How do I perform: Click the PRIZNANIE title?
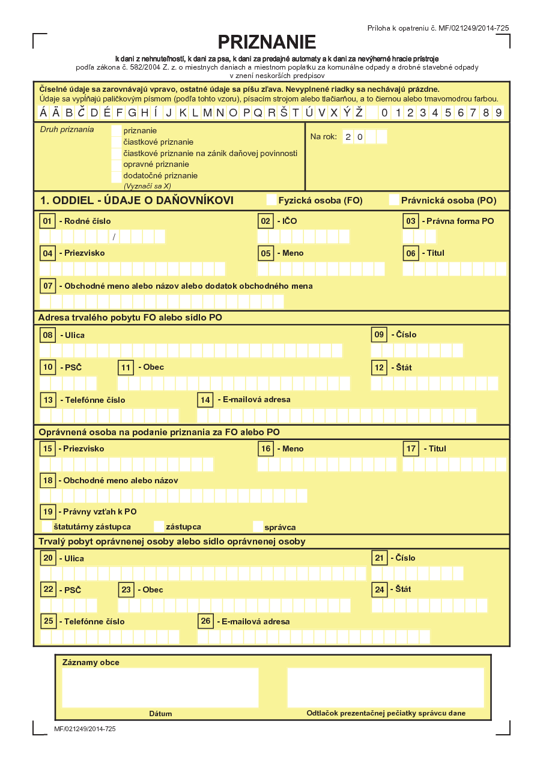click(267, 42)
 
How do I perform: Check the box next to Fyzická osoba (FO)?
click(271, 200)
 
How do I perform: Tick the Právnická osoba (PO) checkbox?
click(394, 200)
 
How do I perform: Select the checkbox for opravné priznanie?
click(117, 164)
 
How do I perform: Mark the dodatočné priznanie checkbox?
click(117, 176)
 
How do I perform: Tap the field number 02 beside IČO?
click(266, 222)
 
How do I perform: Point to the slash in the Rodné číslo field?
click(114, 237)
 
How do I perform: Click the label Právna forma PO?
click(460, 222)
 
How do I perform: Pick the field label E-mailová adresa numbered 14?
click(253, 400)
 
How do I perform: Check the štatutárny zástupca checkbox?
click(47, 526)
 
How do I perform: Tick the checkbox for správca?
click(258, 526)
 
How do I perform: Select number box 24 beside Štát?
click(379, 590)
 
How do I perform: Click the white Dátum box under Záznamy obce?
click(160, 687)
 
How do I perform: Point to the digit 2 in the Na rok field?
click(348, 137)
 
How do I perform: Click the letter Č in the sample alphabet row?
click(81, 113)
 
